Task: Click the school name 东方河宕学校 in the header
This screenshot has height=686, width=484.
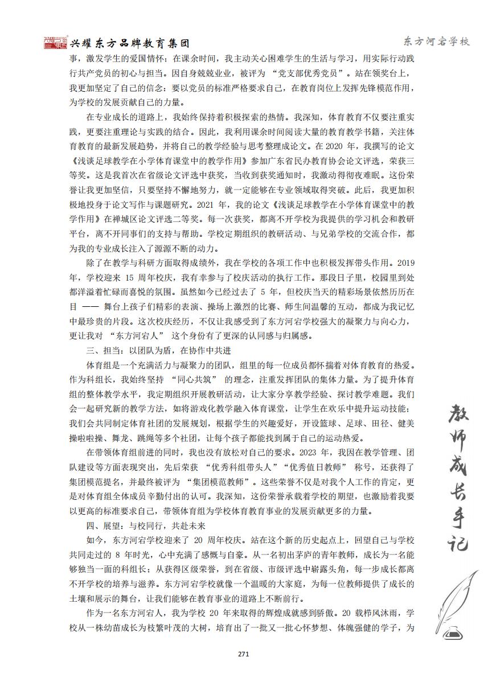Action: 436,42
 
